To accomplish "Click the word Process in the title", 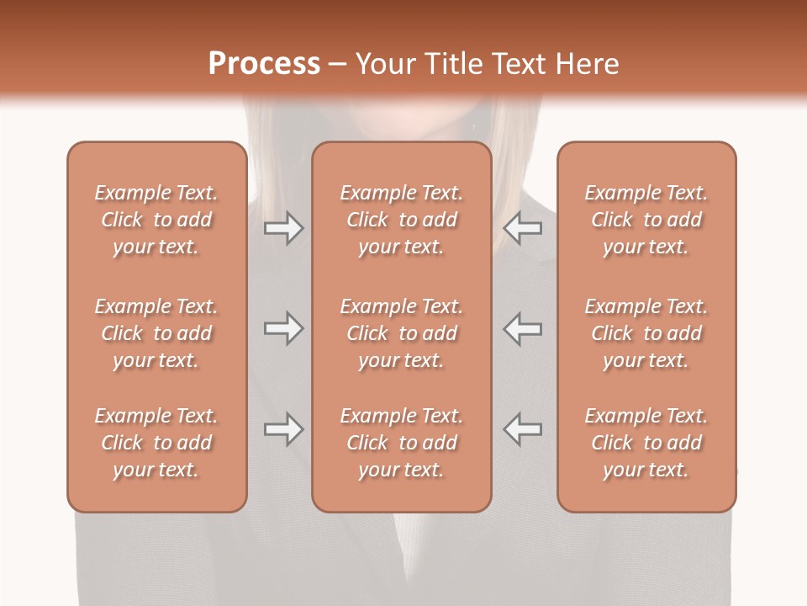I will tap(264, 64).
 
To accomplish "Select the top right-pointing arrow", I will tap(283, 228).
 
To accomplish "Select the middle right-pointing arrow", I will tap(283, 328).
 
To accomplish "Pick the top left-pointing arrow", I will tap(523, 228).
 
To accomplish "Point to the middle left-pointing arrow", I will tap(523, 328).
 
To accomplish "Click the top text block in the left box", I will tap(156, 220).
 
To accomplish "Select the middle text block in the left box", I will tap(156, 333).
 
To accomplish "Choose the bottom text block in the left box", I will tap(156, 443).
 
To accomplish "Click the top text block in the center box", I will tap(402, 220).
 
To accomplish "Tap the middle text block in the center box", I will tap(402, 333).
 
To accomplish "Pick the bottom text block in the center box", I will tap(402, 443).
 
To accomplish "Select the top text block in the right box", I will tap(646, 220).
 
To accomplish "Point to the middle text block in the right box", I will tap(646, 333).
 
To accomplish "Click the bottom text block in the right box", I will tap(646, 443).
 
